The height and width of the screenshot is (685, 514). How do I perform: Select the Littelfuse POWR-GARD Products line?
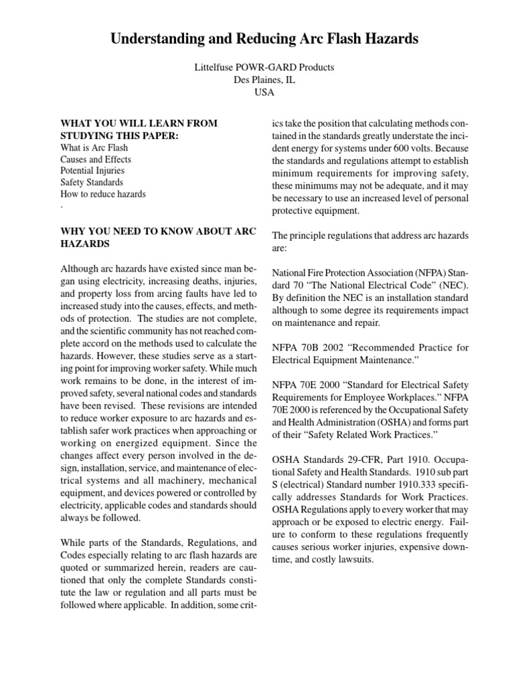click(x=264, y=68)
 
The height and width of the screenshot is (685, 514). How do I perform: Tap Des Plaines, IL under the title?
click(x=264, y=80)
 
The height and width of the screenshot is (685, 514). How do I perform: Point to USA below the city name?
click(x=264, y=93)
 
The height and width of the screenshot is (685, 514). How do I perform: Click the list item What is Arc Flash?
click(x=94, y=147)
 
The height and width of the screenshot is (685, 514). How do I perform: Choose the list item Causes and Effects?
click(x=96, y=159)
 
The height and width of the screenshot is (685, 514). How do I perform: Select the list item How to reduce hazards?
click(x=103, y=194)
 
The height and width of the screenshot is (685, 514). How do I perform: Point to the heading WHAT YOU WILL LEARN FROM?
click(x=139, y=124)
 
